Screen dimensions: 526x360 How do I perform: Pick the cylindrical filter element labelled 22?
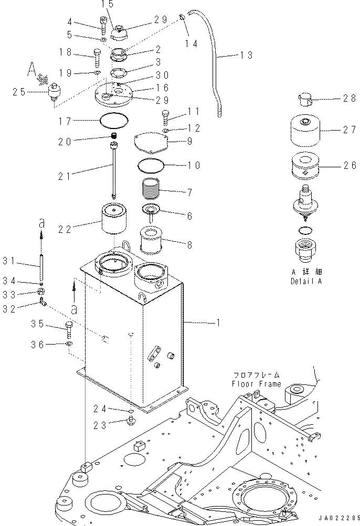coord(115,221)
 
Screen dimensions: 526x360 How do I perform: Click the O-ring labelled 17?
coord(115,122)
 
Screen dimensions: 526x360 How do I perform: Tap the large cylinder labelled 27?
coord(305,131)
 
